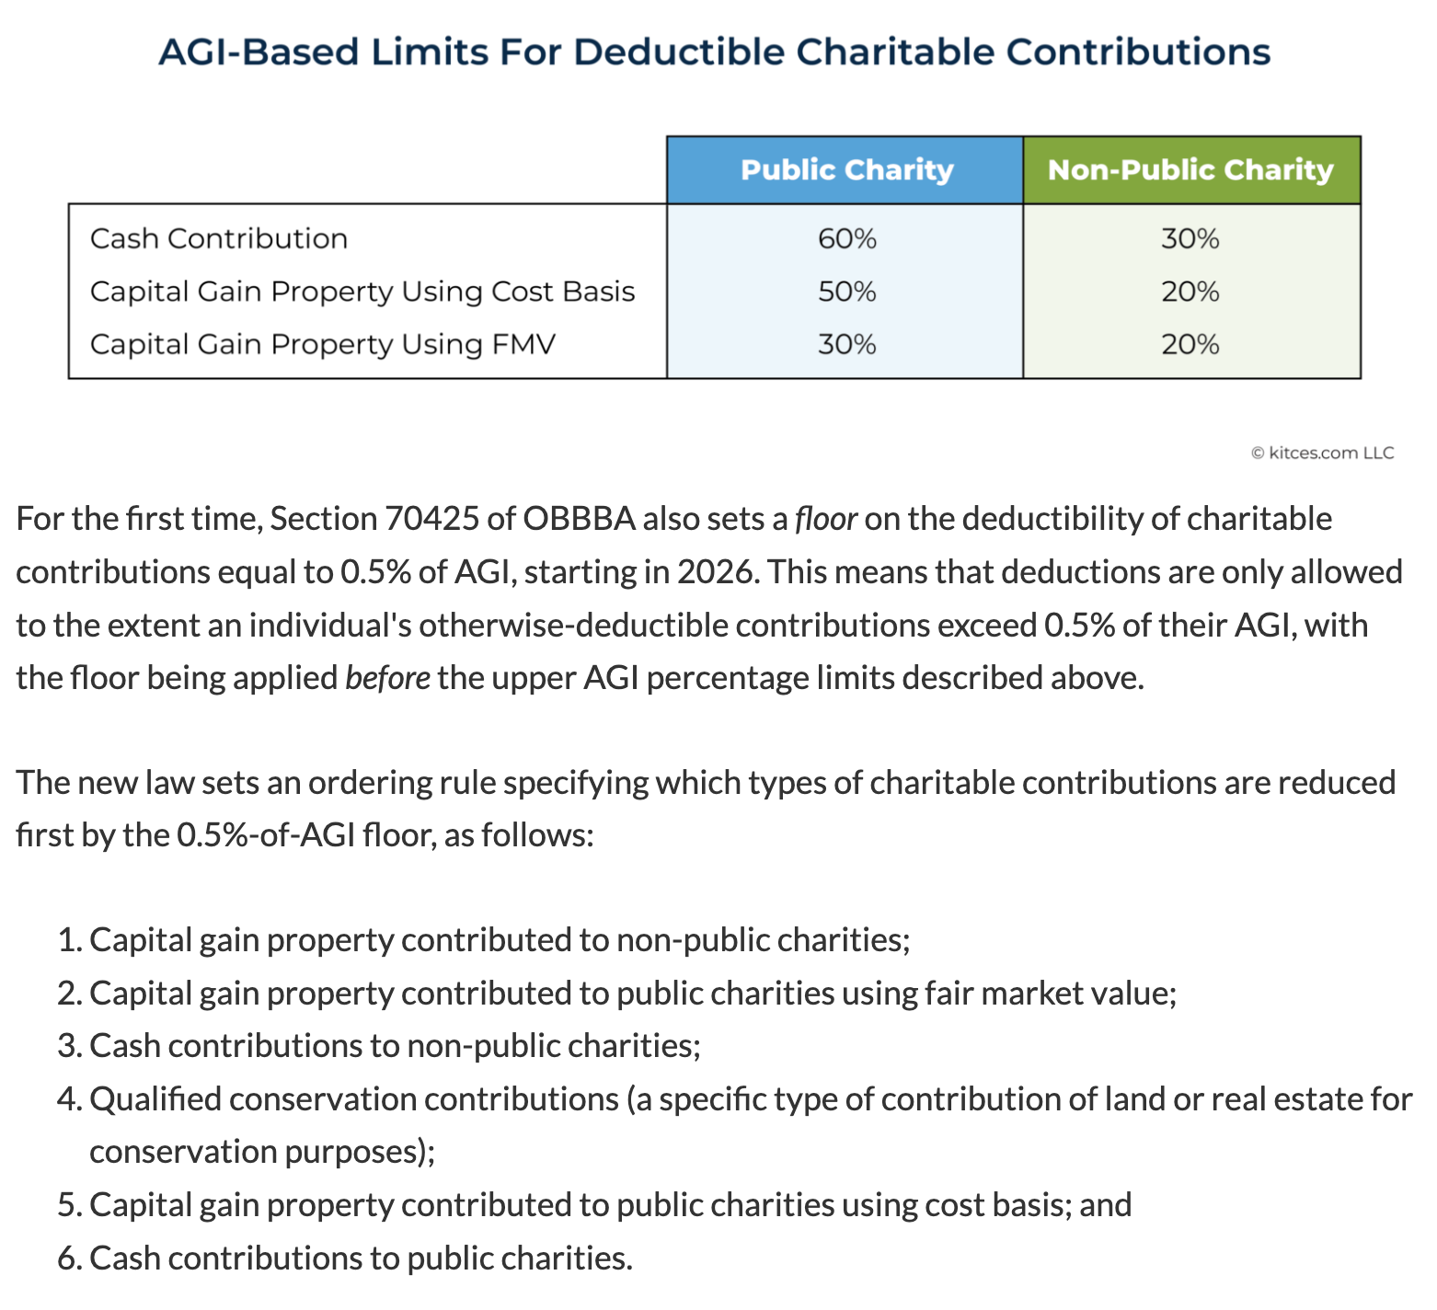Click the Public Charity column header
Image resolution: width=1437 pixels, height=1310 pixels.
click(x=846, y=170)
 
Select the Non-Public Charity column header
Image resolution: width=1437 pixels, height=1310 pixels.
click(x=1190, y=170)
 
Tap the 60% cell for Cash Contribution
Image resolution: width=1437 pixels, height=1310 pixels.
click(x=846, y=239)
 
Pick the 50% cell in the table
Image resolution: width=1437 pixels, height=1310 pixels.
click(x=846, y=292)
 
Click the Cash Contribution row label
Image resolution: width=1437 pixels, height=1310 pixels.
click(x=219, y=239)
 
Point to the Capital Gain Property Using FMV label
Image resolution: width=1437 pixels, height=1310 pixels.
click(x=323, y=344)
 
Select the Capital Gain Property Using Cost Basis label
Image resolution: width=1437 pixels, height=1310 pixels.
click(x=362, y=292)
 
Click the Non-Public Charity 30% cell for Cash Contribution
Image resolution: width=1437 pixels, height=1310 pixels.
click(x=1190, y=239)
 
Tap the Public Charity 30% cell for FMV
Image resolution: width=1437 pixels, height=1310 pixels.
click(x=846, y=344)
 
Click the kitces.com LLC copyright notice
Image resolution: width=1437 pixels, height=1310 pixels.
click(x=1322, y=453)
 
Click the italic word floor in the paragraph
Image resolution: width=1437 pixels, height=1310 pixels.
click(x=826, y=519)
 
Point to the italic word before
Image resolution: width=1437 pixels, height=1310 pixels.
click(x=387, y=678)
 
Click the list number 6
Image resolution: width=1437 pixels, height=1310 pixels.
click(x=69, y=1258)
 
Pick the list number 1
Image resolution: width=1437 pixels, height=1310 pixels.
click(x=69, y=940)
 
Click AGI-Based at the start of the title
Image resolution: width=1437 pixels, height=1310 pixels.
click(x=259, y=52)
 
